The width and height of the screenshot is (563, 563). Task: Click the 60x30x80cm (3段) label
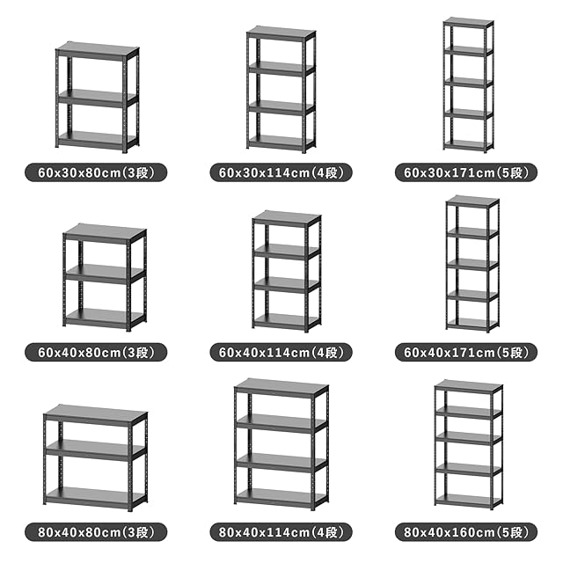96,172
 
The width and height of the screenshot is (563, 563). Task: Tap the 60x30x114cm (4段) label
281,172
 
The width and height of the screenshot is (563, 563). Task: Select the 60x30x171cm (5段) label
466,172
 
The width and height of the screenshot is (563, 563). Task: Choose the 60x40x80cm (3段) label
96,352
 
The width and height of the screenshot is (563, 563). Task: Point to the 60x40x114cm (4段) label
281,352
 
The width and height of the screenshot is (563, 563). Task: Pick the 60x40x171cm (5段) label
466,352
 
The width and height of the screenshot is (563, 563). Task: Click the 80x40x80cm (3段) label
96,531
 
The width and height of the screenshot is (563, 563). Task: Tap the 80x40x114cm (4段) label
281,531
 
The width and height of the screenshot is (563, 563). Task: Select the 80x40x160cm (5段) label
466,531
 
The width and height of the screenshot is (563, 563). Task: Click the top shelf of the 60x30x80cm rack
98,51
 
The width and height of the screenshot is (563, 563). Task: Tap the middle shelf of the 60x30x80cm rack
97,98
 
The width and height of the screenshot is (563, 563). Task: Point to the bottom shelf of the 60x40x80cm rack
105,318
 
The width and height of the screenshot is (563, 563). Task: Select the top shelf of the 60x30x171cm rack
469,22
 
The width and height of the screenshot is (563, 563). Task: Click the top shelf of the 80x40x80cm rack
96,415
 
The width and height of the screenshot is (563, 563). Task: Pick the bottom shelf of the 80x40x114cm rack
281,498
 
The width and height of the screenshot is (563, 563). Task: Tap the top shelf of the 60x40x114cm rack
287,219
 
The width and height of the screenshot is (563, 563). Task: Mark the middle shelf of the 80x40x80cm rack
96,450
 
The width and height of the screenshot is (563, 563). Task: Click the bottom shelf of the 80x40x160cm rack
468,500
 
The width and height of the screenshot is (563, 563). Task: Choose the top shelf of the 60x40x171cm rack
472,201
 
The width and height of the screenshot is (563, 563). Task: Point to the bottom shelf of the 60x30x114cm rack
281,142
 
